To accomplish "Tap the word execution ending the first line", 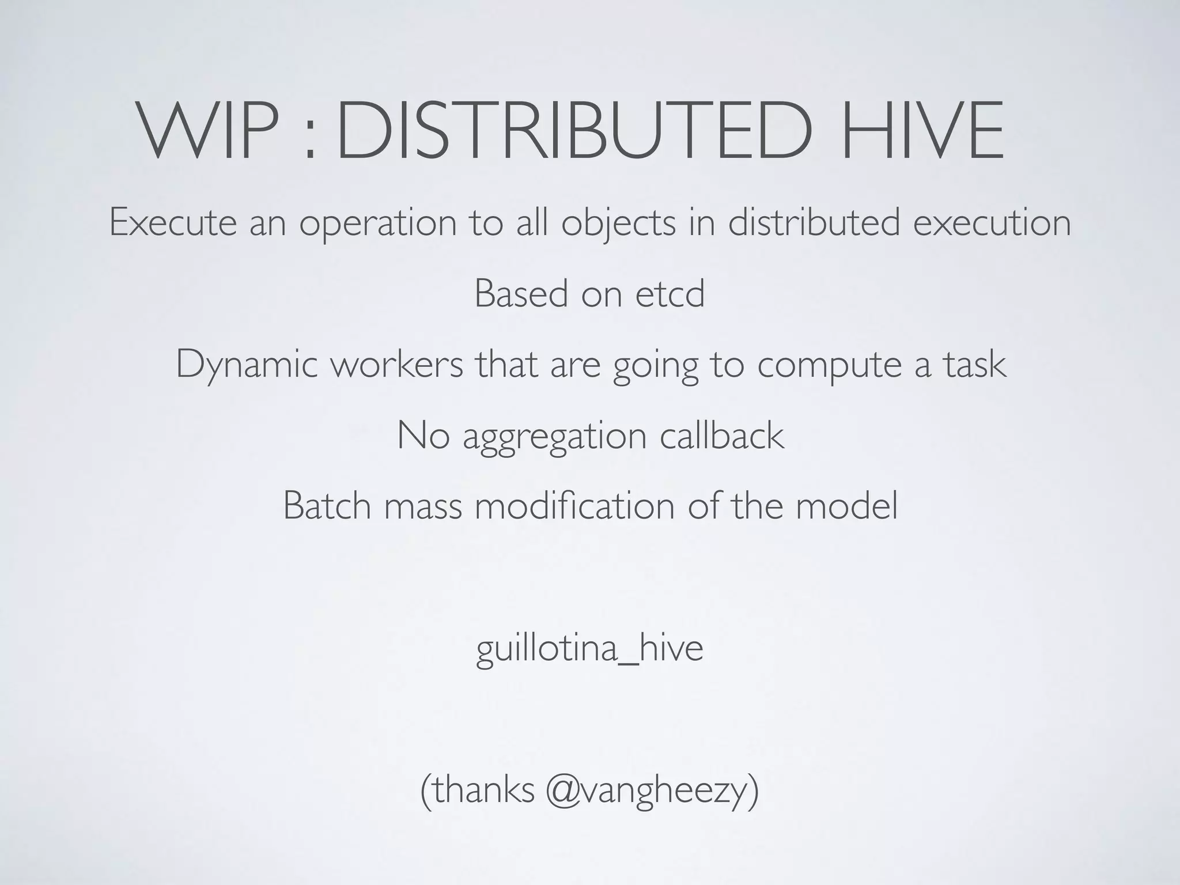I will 992,223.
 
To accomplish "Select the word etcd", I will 670,294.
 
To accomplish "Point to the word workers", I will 396,365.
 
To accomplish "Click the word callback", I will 721,436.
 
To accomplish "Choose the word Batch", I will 327,506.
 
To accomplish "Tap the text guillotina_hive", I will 589,650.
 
